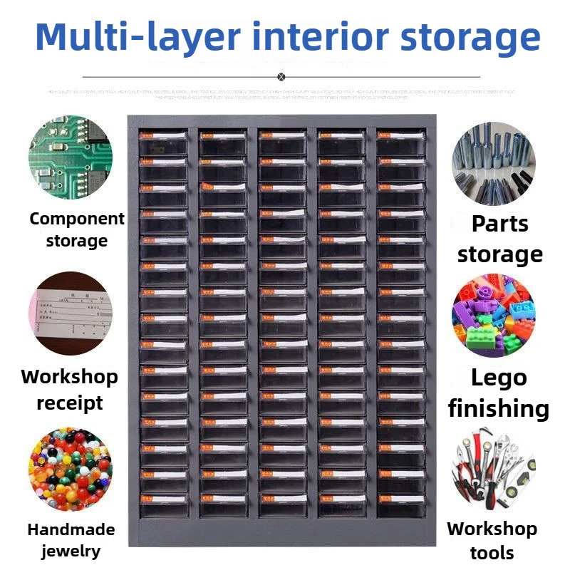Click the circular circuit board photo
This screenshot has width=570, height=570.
(x=71, y=158)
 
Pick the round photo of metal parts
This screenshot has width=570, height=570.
(x=493, y=163)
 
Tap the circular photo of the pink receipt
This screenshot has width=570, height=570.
(x=71, y=313)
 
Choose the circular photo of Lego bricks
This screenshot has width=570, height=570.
(x=493, y=316)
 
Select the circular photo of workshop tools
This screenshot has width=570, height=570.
(x=493, y=468)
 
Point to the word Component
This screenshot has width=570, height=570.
(x=77, y=219)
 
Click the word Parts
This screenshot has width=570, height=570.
(x=500, y=224)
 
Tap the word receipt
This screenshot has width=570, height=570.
(x=70, y=403)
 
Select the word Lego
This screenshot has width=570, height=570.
(x=499, y=378)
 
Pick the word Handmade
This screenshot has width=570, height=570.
(x=71, y=529)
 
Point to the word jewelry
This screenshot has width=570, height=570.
(x=71, y=551)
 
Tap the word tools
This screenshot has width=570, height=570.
(x=492, y=552)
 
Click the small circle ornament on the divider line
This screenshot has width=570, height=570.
(x=281, y=76)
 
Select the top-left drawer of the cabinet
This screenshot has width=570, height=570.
(x=164, y=142)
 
